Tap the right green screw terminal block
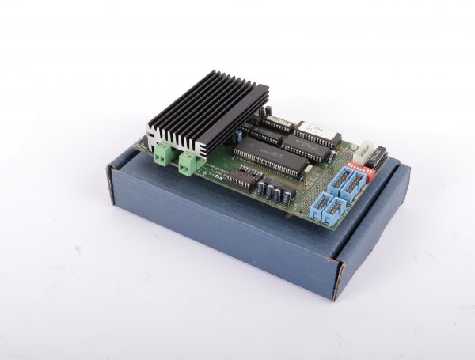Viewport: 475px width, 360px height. click(x=190, y=162)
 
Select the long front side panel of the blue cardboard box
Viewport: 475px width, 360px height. click(x=214, y=229)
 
